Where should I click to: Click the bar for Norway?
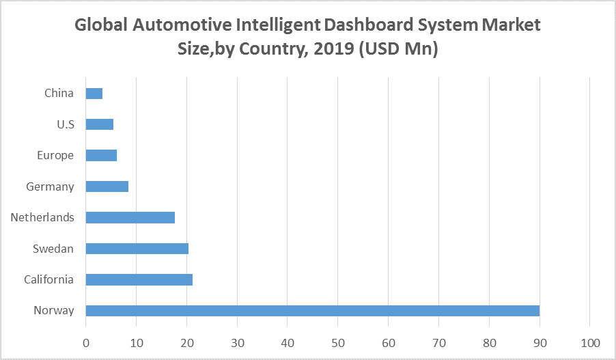click(312, 311)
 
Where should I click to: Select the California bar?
click(139, 279)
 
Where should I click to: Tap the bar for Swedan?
click(137, 249)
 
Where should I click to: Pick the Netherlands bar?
click(130, 217)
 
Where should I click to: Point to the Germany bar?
click(107, 186)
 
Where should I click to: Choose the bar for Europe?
click(101, 155)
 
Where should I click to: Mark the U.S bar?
click(99, 124)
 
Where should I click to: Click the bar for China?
click(94, 94)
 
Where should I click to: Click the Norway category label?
click(54, 311)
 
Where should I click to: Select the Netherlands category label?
click(42, 217)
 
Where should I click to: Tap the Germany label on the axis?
click(50, 186)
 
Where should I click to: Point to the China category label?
click(59, 94)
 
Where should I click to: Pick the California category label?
click(48, 279)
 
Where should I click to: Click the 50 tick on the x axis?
click(338, 342)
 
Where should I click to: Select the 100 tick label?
click(590, 342)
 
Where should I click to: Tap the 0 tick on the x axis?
click(86, 342)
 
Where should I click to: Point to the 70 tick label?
click(439, 342)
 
